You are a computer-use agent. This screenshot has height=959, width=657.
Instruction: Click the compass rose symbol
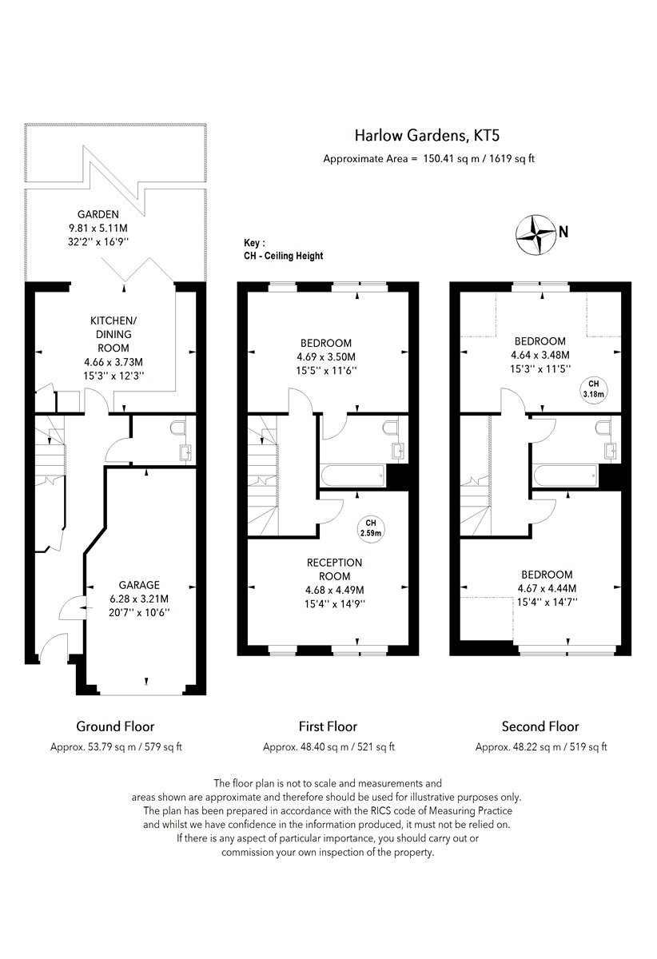tap(536, 234)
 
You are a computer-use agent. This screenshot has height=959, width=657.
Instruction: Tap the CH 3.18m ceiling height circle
tap(594, 389)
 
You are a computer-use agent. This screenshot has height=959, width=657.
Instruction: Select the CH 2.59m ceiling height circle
tap(371, 528)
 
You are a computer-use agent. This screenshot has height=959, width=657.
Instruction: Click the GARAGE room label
tap(139, 585)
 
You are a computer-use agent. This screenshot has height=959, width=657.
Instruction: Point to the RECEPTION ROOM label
tap(335, 569)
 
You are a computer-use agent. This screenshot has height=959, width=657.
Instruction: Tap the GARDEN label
tap(98, 214)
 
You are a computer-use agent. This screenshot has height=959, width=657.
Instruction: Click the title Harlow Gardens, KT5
tap(427, 136)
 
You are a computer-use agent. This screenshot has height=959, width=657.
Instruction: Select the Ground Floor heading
tap(115, 726)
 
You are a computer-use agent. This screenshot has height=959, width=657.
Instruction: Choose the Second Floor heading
tap(540, 726)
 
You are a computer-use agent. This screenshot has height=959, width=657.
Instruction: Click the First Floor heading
tap(328, 726)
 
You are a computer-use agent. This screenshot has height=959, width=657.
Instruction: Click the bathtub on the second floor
tap(565, 476)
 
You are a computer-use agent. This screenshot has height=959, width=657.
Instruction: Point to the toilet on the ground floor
tap(177, 428)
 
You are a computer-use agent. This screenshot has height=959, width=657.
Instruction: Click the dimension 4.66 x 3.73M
tap(113, 362)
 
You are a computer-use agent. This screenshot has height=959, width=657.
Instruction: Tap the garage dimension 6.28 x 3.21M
tap(139, 599)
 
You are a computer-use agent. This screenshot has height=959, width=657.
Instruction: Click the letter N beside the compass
tap(563, 232)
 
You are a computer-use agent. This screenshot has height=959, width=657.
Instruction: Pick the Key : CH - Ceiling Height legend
tap(283, 249)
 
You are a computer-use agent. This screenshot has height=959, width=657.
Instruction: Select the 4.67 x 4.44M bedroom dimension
tap(547, 588)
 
